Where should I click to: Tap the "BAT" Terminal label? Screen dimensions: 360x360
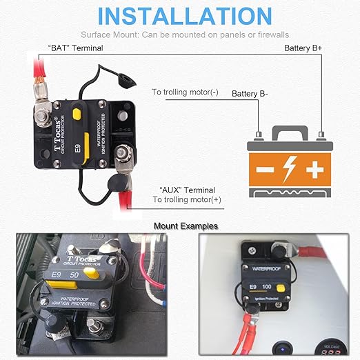[x=75, y=48]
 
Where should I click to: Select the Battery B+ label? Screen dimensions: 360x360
[x=304, y=48]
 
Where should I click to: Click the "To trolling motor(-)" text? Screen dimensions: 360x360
[x=185, y=92]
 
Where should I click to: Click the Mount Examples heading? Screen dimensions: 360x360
[x=186, y=226]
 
